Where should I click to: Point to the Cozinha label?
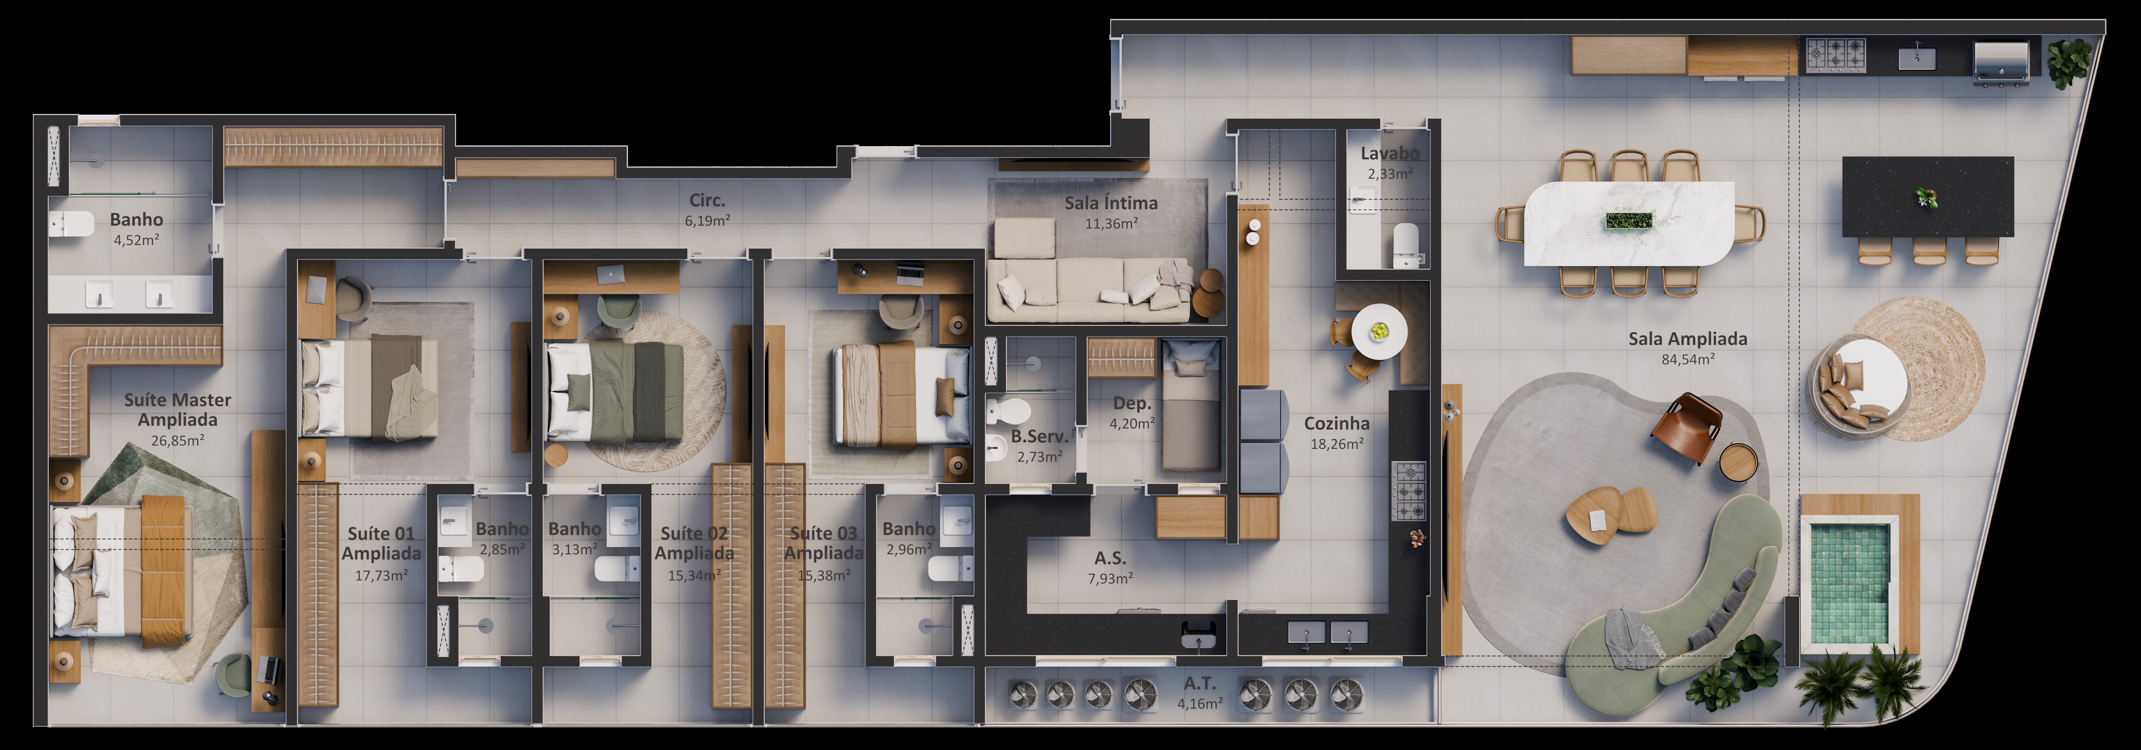1336,423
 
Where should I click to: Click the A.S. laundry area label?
1109,558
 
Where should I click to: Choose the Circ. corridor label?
707,200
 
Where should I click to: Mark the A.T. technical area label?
1199,684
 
